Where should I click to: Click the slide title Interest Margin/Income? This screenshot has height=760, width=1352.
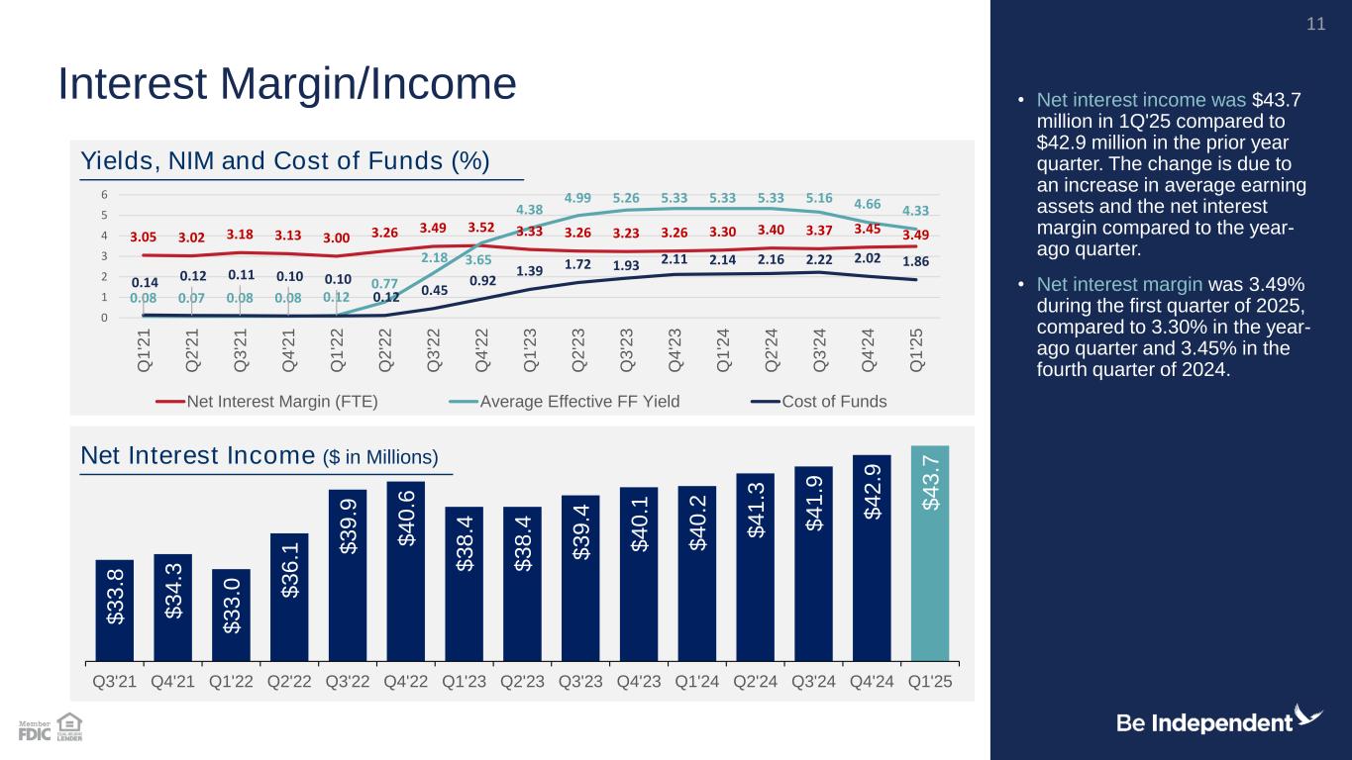coord(287,84)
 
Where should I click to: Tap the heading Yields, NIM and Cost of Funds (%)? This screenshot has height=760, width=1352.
coord(285,161)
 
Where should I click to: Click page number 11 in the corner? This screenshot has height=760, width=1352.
coord(1315,24)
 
